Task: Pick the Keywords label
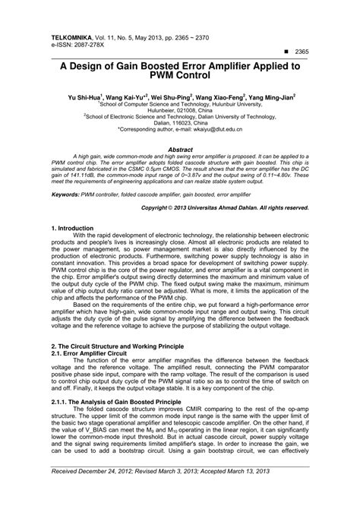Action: click(68, 194)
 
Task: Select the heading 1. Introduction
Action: click(76, 228)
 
